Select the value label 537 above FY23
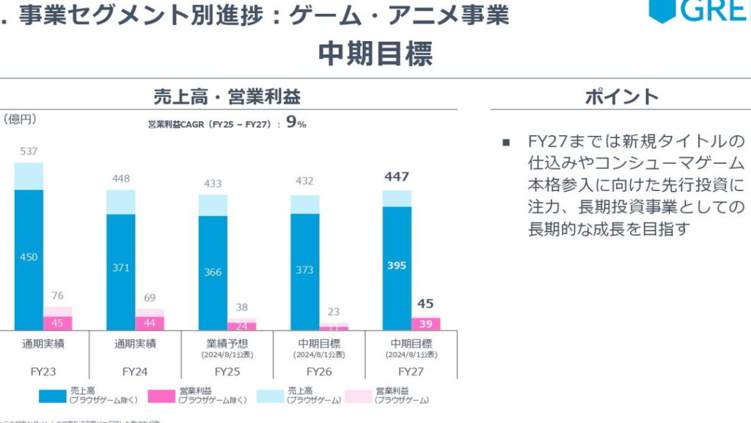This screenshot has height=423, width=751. [29, 152]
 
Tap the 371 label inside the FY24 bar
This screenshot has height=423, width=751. [120, 269]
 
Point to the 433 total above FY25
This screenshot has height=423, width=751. [213, 184]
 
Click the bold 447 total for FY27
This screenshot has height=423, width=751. [397, 177]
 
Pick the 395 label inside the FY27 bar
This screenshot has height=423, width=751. [397, 265]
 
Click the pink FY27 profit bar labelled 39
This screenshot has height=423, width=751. [425, 324]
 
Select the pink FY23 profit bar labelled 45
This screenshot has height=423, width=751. [57, 323]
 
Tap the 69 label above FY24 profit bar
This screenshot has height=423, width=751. [150, 298]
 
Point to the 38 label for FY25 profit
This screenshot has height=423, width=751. [242, 308]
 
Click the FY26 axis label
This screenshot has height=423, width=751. [319, 372]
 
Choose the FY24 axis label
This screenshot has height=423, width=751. [136, 372]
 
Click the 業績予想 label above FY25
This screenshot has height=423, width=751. [227, 343]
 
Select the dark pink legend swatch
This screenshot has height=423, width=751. [162, 396]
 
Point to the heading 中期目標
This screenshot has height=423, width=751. [375, 54]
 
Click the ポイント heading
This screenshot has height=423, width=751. [621, 96]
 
